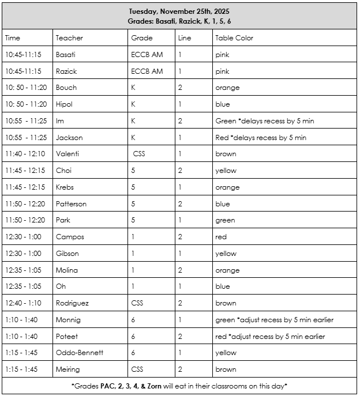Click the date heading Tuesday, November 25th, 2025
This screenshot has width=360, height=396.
(x=179, y=11)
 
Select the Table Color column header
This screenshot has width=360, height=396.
(x=234, y=38)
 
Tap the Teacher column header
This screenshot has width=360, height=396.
(x=69, y=38)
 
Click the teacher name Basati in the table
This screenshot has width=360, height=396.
(x=66, y=55)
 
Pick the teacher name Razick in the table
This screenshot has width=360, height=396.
(x=66, y=71)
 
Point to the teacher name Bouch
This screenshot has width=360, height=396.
(x=66, y=88)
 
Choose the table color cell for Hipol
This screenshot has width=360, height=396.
(x=223, y=104)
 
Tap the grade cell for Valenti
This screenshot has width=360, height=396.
(x=139, y=154)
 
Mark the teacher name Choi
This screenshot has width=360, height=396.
(x=63, y=171)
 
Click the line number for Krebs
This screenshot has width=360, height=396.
(x=181, y=187)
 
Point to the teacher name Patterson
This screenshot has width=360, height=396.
(x=72, y=203)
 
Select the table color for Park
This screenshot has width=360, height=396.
(x=225, y=220)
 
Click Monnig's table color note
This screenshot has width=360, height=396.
(x=274, y=320)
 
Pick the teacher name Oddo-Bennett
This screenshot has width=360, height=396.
(x=80, y=353)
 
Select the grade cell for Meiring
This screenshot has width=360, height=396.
(x=138, y=369)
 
